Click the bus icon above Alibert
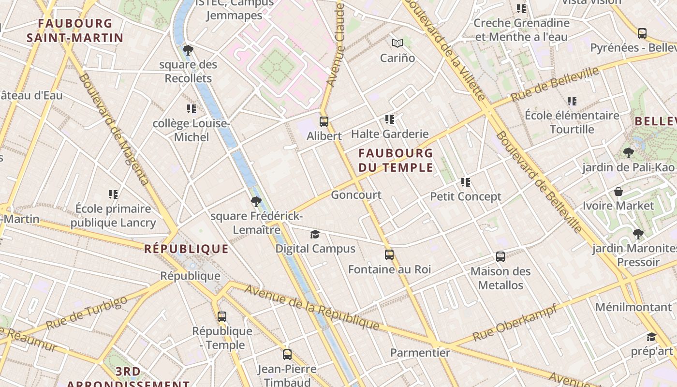(324, 122)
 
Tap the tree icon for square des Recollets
(188, 50)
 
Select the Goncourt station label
(356, 195)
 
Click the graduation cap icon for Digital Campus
(315, 235)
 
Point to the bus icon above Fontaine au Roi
(389, 255)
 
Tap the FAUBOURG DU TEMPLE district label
(396, 161)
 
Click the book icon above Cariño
(397, 44)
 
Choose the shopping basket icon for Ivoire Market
(618, 192)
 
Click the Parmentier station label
(420, 353)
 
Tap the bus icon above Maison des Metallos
(500, 257)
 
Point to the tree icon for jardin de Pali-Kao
(628, 153)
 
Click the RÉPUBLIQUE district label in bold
(186, 249)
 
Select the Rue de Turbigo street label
(87, 313)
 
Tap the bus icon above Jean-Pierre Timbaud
(287, 355)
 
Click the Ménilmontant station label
(633, 307)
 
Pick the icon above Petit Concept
(466, 182)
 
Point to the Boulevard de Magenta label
(113, 130)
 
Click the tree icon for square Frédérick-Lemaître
(256, 202)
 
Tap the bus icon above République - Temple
(222, 317)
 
